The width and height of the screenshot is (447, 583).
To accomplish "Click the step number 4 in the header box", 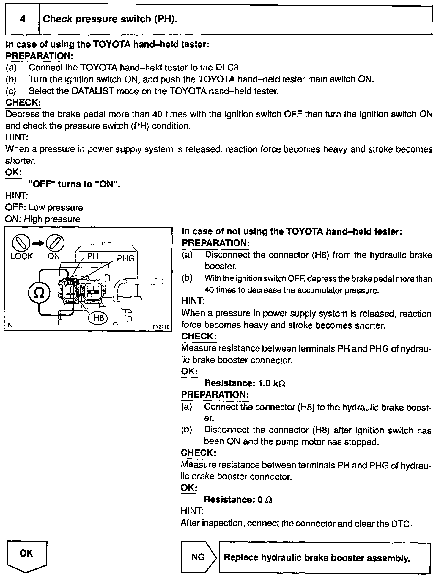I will click(x=23, y=19).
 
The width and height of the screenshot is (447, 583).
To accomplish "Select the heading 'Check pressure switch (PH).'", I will click(x=110, y=19).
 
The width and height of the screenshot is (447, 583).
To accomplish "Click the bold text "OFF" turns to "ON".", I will click(x=74, y=184).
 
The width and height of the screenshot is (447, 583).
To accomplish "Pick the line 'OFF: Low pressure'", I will click(x=44, y=207).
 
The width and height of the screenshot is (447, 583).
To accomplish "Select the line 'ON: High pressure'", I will click(x=43, y=219).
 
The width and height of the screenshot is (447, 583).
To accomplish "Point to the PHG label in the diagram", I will click(x=126, y=258).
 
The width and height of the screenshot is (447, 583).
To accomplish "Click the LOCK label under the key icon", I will click(x=21, y=256).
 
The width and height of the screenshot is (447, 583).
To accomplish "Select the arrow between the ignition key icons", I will click(x=38, y=243).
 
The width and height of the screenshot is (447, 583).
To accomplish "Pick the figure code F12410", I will click(x=161, y=327).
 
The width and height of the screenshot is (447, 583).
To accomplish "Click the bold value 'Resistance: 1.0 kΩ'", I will click(x=245, y=383).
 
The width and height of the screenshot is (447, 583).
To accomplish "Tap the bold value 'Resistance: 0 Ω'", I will click(x=238, y=499).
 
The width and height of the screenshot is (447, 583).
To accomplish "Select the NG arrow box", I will click(x=199, y=557).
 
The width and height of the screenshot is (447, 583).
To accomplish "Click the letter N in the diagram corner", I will click(x=10, y=325).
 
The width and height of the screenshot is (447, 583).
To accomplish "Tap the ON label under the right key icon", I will click(x=54, y=256).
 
